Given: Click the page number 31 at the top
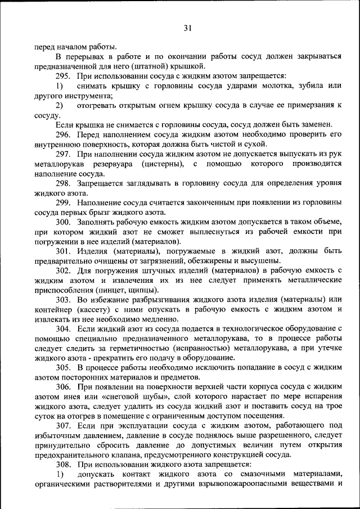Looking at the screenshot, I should (187, 28).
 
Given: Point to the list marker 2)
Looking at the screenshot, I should (59, 105).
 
